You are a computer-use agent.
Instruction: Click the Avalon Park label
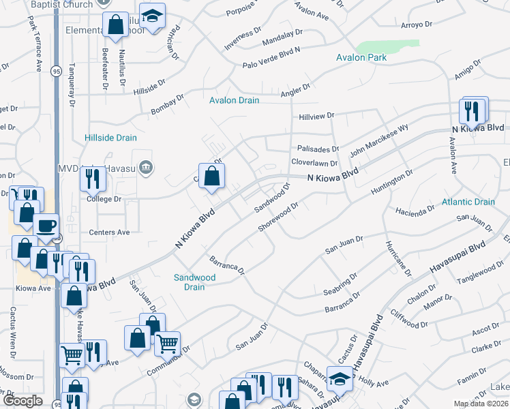[x=361, y=58]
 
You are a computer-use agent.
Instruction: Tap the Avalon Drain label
[x=234, y=101]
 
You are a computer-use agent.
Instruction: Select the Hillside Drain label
[x=110, y=138]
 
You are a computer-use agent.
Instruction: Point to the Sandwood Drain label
[x=194, y=282]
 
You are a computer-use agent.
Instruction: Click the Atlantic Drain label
[x=468, y=202]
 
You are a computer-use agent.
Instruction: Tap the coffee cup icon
[x=46, y=226]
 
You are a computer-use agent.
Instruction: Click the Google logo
[x=22, y=401]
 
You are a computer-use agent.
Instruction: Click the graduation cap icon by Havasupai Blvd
[x=340, y=378]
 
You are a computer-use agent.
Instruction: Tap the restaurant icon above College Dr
[x=93, y=179]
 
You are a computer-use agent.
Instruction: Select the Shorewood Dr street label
[x=280, y=217]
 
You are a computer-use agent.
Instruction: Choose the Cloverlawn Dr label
[x=314, y=163]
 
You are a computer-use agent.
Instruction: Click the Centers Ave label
[x=109, y=232]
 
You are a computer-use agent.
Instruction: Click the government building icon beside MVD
[x=145, y=168]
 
